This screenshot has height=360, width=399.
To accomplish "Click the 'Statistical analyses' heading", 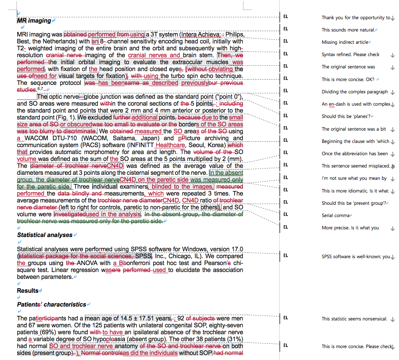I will coord(45,235).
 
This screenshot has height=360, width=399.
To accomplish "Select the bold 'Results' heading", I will coord(28,291).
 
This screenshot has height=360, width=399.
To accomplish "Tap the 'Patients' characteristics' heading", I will coord(51,305).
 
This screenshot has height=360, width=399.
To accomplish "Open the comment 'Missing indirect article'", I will coord(346,42).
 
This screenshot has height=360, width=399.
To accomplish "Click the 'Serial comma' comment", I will coord(335,216).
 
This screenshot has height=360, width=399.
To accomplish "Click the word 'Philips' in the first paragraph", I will coord(234,35).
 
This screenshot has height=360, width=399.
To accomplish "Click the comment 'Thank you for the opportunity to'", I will coord(356,18).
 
